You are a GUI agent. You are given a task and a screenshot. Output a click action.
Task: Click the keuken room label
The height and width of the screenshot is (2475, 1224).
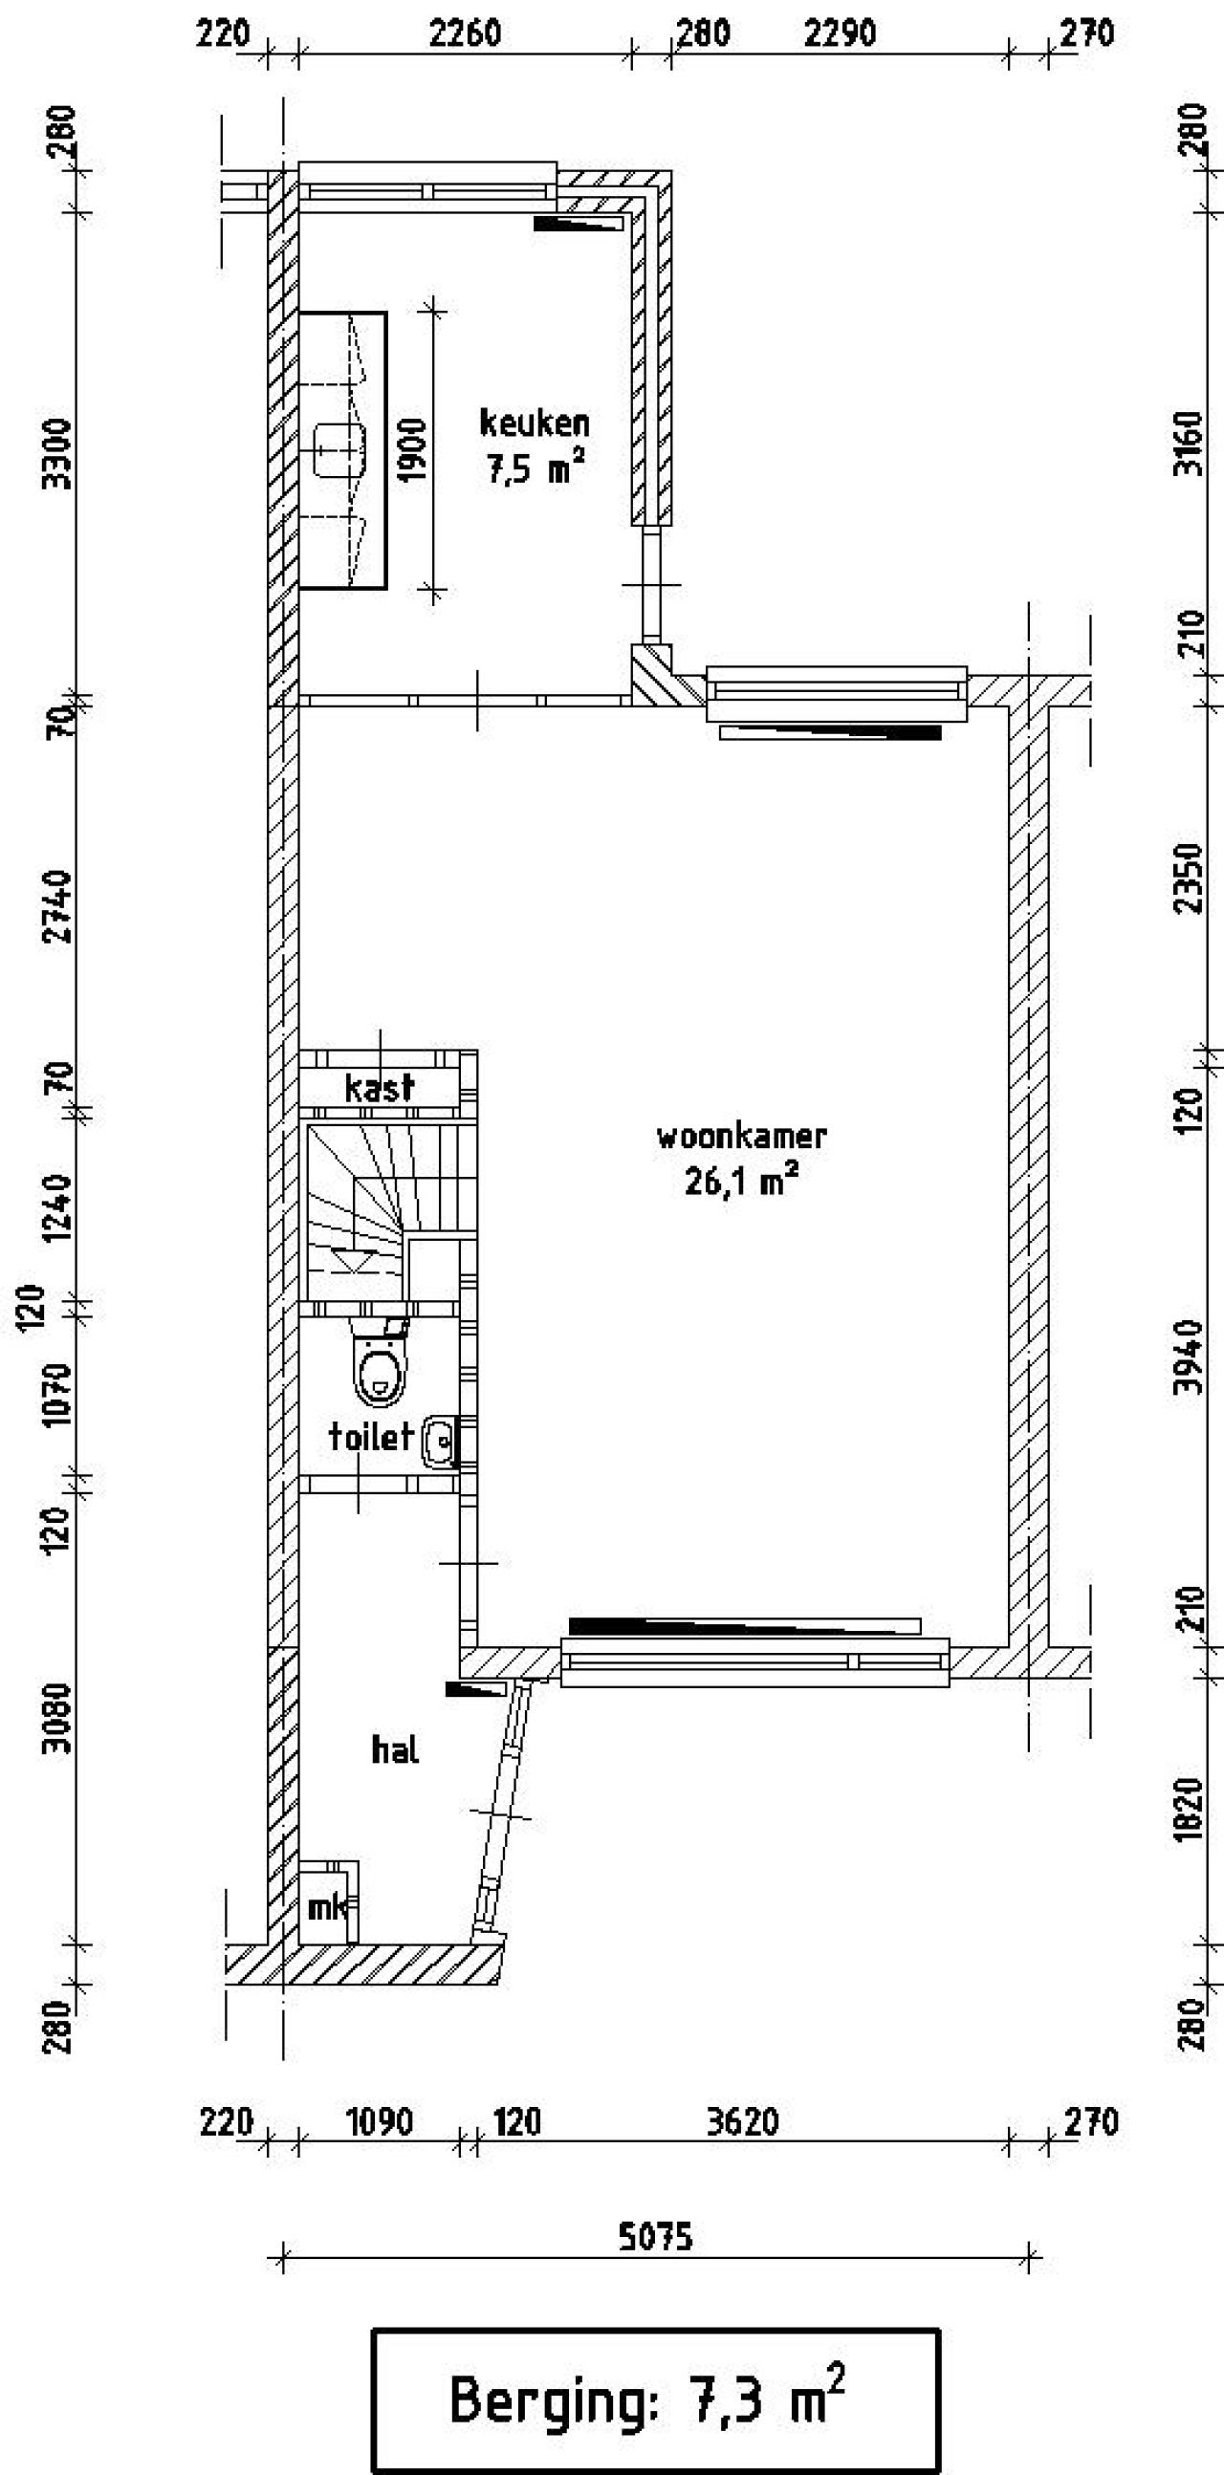[535, 423]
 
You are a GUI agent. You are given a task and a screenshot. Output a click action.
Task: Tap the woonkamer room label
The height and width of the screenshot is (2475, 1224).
[741, 1137]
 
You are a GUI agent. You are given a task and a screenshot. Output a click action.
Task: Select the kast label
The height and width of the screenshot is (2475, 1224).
[380, 1088]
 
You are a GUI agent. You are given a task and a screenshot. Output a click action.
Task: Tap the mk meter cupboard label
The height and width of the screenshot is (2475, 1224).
[327, 1906]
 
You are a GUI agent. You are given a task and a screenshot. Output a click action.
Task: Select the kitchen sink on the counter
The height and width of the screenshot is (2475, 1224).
[339, 449]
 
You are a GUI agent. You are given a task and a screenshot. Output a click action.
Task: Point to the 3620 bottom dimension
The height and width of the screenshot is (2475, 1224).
[742, 2121]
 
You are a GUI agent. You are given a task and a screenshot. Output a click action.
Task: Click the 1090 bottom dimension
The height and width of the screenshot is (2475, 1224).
[380, 2121]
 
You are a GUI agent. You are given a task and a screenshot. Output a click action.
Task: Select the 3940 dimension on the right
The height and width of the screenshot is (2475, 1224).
[1190, 1355]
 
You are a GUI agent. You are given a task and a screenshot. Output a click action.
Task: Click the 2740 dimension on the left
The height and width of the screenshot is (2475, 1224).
[57, 905]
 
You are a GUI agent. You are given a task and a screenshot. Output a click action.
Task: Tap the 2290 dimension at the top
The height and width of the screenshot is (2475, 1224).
[840, 34]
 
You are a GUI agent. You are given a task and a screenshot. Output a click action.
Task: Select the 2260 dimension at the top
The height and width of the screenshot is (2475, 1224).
[465, 34]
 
